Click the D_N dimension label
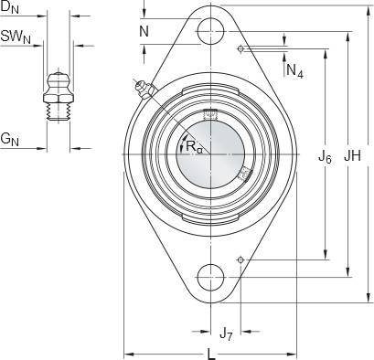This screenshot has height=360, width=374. point(10,8)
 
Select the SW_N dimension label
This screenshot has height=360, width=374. point(16,37)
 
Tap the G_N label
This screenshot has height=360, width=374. point(10,140)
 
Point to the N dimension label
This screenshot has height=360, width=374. point(144,31)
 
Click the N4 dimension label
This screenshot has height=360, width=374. point(294,71)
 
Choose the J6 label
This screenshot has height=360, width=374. point(325,157)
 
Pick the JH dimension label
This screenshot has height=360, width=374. point(352,156)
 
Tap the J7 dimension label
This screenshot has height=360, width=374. point(226,334)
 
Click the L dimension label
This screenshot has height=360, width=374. point(211,355)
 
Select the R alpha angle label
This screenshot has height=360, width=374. point(194,147)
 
